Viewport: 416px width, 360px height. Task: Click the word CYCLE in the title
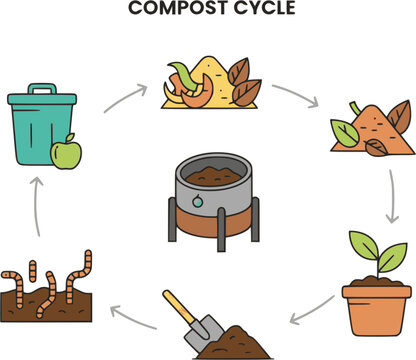pyautogui.click(x=265, y=8)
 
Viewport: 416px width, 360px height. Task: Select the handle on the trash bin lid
pyautogui.click(x=42, y=89)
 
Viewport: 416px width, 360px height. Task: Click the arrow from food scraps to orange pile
pyautogui.click(x=296, y=96)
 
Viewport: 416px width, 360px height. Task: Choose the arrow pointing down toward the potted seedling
pyautogui.click(x=393, y=197)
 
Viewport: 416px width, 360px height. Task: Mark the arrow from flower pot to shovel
pyautogui.click(x=312, y=311)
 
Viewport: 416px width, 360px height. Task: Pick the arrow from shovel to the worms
pyautogui.click(x=133, y=316)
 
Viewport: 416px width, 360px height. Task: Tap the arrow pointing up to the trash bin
pyautogui.click(x=37, y=207)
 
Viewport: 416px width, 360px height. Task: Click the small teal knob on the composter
pyautogui.click(x=197, y=201)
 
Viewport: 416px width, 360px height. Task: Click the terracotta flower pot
pyautogui.click(x=377, y=310)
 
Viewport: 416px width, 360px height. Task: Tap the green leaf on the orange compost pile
pyautogui.click(x=345, y=133)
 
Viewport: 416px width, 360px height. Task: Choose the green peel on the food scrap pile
pyautogui.click(x=183, y=75)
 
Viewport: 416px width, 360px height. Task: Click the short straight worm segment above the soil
pyautogui.click(x=32, y=271)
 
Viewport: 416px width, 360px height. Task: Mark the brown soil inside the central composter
pyautogui.click(x=213, y=177)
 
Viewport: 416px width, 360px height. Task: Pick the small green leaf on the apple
pyautogui.click(x=70, y=137)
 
